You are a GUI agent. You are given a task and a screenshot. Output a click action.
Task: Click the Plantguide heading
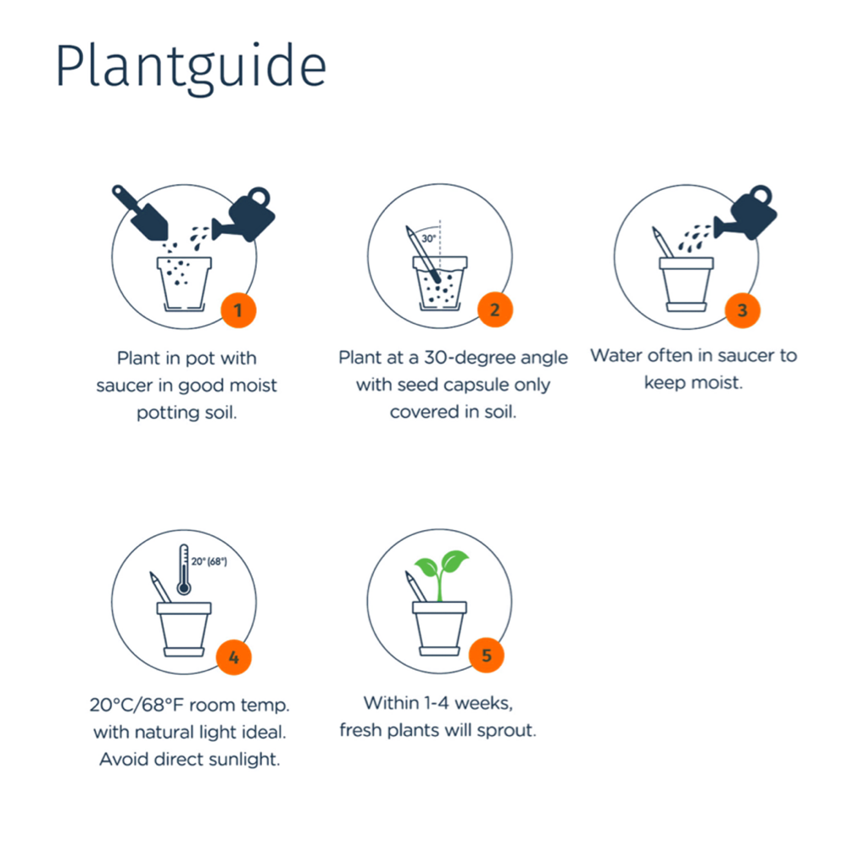(191, 69)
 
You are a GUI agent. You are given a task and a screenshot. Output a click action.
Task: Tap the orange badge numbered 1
(238, 310)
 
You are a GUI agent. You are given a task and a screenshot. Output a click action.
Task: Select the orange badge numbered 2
(495, 310)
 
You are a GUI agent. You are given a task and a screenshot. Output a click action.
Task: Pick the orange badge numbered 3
(743, 310)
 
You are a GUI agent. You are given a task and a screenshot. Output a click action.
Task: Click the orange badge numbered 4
(234, 658)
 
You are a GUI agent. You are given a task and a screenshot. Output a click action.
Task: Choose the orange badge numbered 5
(486, 656)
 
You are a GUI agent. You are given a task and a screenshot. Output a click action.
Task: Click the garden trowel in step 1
(140, 213)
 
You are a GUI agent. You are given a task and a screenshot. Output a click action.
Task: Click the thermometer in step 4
(184, 570)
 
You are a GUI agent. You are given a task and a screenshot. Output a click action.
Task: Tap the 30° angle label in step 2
(429, 238)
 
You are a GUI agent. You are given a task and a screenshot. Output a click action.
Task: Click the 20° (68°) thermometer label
(209, 561)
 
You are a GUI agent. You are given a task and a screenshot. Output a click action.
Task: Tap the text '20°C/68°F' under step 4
(137, 705)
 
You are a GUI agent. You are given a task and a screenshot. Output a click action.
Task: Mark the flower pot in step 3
(686, 285)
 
